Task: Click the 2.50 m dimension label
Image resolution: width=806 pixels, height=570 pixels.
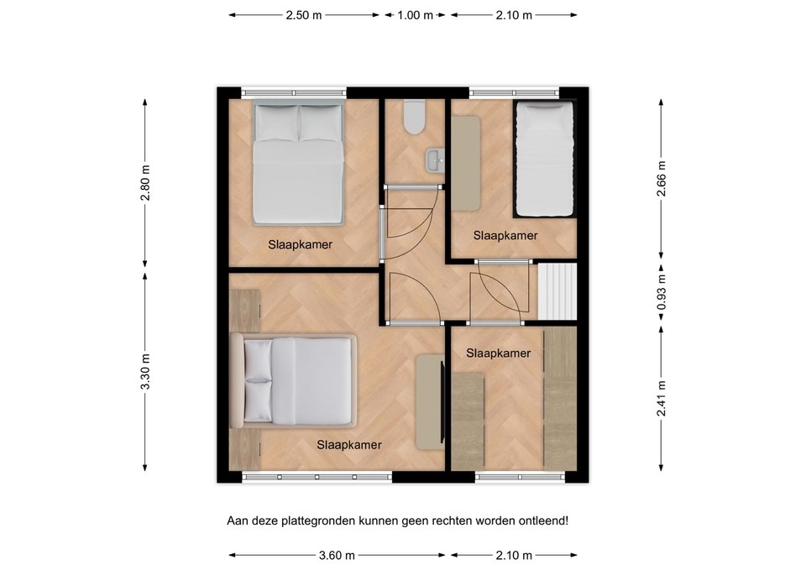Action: (304, 15)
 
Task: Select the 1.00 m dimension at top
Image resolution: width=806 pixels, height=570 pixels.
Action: (415, 15)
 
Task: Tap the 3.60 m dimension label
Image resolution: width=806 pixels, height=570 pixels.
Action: (337, 555)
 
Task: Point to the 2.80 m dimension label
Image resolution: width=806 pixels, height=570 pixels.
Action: (145, 183)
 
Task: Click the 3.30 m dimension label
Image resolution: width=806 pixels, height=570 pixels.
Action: (145, 372)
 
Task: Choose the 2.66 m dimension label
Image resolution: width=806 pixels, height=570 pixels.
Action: (662, 178)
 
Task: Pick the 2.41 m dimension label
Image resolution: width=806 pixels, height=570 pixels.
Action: (662, 399)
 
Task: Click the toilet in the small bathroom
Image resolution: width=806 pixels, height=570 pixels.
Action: (414, 118)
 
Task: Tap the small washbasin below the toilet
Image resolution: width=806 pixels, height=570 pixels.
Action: (435, 159)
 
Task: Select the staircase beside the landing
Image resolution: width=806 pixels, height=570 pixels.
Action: (557, 291)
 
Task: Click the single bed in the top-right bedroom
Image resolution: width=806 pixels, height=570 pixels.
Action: (544, 159)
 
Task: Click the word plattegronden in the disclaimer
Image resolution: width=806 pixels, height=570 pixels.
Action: (315, 521)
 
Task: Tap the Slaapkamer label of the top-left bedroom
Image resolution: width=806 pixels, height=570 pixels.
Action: (301, 244)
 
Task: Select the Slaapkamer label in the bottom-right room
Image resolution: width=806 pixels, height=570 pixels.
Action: (498, 353)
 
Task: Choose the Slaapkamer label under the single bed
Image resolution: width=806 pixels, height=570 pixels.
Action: (505, 235)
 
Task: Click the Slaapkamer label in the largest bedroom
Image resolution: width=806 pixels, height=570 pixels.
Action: (349, 445)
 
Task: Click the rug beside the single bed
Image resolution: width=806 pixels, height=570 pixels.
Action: (466, 164)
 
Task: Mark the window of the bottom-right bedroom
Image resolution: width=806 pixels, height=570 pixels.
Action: (520, 478)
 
